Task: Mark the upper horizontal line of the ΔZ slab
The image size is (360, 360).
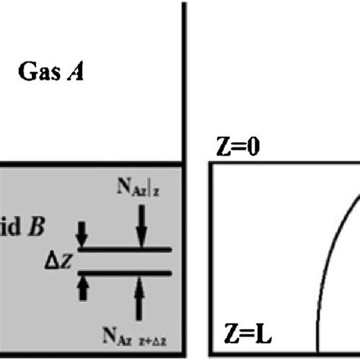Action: pos(125,248)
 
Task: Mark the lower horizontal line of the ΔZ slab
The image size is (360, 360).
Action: pos(125,272)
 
